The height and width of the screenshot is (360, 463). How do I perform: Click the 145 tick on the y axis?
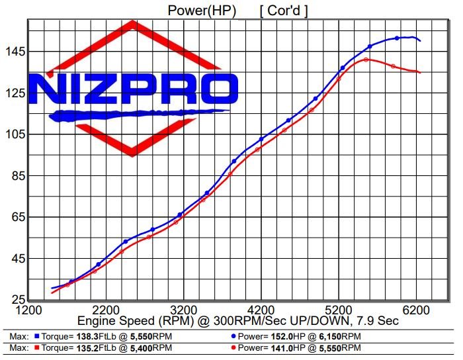click(13, 51)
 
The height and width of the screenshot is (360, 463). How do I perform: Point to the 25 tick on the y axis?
click(13, 300)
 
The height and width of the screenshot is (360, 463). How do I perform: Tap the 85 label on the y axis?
click(13, 175)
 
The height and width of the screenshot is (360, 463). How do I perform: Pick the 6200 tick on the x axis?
click(417, 309)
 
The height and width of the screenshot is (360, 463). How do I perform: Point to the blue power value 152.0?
click(284, 336)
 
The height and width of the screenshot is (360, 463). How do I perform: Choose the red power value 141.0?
click(284, 347)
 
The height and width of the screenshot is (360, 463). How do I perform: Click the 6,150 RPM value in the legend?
click(333, 336)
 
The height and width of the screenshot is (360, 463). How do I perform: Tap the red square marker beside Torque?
click(38, 347)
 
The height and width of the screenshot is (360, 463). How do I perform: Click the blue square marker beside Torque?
click(38, 336)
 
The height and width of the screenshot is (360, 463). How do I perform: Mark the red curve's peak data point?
click(366, 60)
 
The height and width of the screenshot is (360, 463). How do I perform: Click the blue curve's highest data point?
click(397, 38)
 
